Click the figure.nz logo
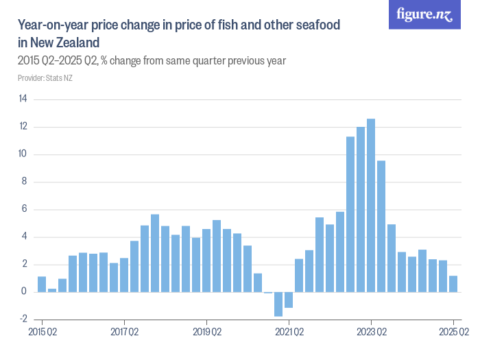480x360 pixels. tap(424, 14)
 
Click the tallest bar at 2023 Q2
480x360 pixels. tap(371, 206)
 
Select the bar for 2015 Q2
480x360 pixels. tap(42, 285)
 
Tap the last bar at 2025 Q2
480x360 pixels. tap(453, 284)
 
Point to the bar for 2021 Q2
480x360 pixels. tap(289, 300)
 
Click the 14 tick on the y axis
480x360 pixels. tap(23, 99)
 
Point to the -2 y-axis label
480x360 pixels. tap(23, 320)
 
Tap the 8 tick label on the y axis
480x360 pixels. tap(24, 182)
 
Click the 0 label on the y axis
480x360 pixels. tap(24, 292)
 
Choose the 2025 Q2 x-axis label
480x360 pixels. tap(453, 333)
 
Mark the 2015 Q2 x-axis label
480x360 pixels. tap(42, 333)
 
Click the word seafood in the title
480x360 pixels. tap(318, 25)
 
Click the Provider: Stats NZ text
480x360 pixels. tap(45, 77)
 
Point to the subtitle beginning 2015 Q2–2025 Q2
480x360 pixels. tap(151, 61)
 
